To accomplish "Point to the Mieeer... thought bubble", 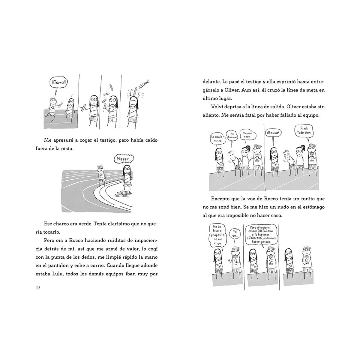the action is point(124,159).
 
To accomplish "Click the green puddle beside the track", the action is point(123,194).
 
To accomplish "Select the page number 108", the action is point(38,288).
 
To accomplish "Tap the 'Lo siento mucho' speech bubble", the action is point(217,138).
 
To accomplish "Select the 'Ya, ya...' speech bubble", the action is point(235,234).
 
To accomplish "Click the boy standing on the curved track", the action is point(101,175).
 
